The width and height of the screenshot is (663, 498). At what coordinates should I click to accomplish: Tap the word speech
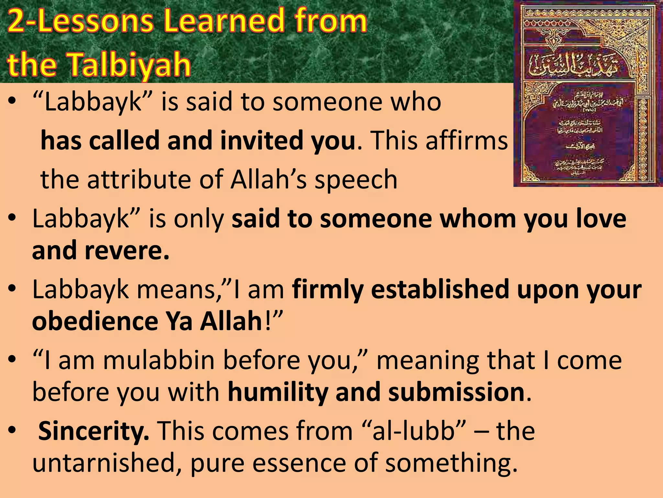pyautogui.click(x=356, y=180)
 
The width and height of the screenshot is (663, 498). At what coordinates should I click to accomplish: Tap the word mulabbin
pyautogui.click(x=159, y=360)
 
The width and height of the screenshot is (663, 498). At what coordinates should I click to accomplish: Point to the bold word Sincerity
pyautogui.click(x=94, y=431)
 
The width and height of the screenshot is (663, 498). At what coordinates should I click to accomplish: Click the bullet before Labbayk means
pyautogui.click(x=12, y=288)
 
